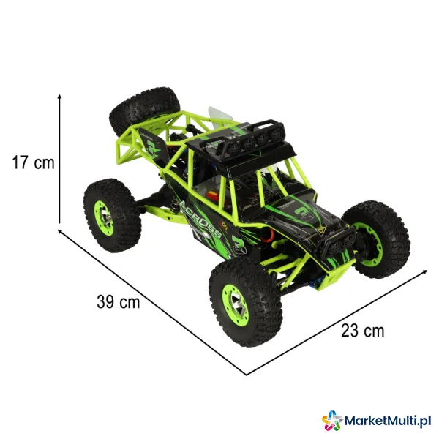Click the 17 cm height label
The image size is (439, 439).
pos(34,162)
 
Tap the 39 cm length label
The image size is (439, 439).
pos(118,302)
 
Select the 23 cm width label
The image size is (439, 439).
pos(363,331)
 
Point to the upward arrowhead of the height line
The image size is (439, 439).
pos(59,97)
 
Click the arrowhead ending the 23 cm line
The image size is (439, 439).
pos(425,271)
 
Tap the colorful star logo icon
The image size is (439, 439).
pos(332,420)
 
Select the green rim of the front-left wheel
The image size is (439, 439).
pos(235,305)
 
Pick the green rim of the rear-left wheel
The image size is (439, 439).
pos(104,218)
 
